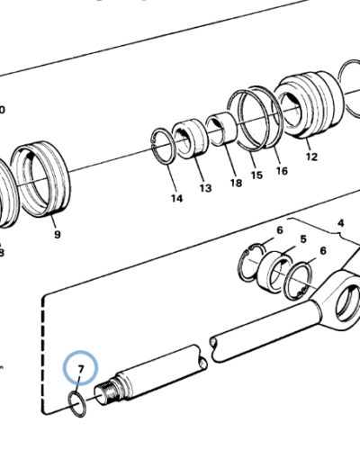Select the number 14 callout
point(175,197)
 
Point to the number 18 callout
point(236,183)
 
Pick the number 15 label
point(256,175)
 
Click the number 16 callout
point(281,170)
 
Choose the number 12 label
point(311,157)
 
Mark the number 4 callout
point(340,222)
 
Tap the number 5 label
point(303,239)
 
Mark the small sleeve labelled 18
point(218,129)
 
